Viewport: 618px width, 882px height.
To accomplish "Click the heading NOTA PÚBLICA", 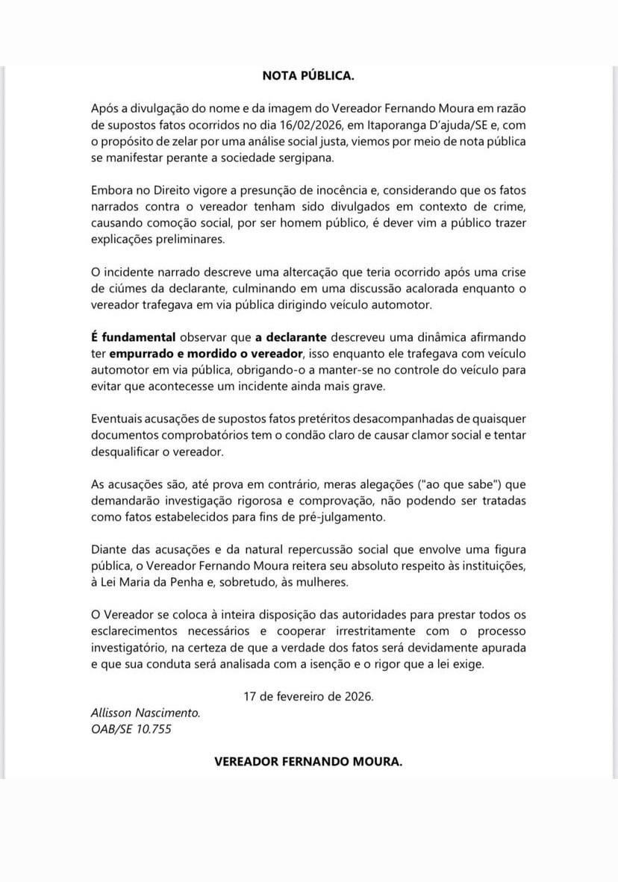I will point(308,75).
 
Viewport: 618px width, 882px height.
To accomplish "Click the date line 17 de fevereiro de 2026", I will point(308,696).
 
